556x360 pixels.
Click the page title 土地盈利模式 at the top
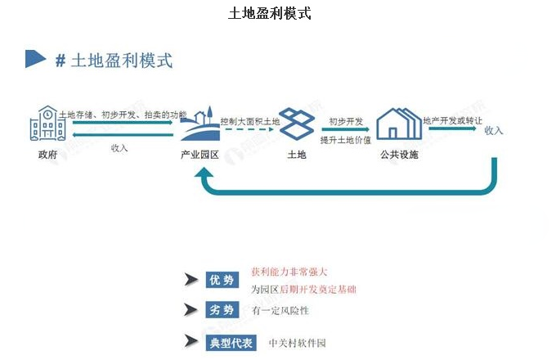[x=269, y=14]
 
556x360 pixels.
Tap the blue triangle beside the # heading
[x=35, y=59]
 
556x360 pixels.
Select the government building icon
[x=47, y=125]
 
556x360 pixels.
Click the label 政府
[x=47, y=155]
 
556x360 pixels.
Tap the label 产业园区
[x=200, y=155]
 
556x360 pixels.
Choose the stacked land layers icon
[x=296, y=124]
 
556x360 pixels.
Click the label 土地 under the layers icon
[x=296, y=155]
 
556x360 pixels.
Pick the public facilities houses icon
[x=398, y=124]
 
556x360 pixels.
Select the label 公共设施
[x=398, y=155]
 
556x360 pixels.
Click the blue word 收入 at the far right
[x=494, y=131]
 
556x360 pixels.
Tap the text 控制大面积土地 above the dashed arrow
[x=250, y=121]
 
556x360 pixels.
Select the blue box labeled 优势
[x=222, y=281]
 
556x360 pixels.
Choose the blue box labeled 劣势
[x=222, y=311]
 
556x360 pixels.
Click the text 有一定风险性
[x=280, y=311]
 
